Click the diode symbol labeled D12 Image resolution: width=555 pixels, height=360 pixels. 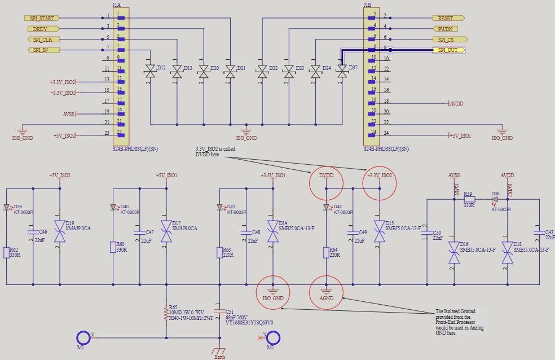[x=150, y=71]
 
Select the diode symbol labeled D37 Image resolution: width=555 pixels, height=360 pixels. [x=342, y=71]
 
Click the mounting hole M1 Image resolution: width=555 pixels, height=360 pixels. [x=83, y=337]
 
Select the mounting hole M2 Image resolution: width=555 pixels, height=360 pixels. [x=274, y=337]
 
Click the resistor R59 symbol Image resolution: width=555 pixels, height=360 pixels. [x=469, y=199]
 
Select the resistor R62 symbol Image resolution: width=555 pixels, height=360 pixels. [x=7, y=252]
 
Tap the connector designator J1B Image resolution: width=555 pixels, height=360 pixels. [x=368, y=5]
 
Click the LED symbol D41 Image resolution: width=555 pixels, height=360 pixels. [x=219, y=207]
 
